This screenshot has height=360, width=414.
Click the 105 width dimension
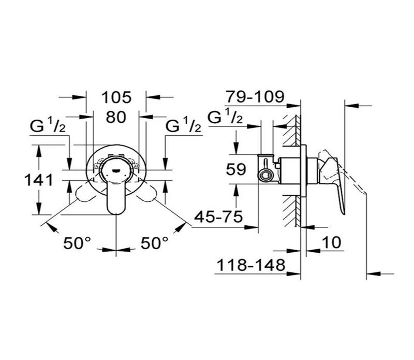pyautogui.click(x=116, y=97)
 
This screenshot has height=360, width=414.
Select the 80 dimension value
pyautogui.click(x=116, y=117)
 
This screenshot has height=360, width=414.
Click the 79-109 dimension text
pyautogui.click(x=255, y=97)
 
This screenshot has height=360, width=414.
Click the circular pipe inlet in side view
pyautogui.click(x=265, y=174)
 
